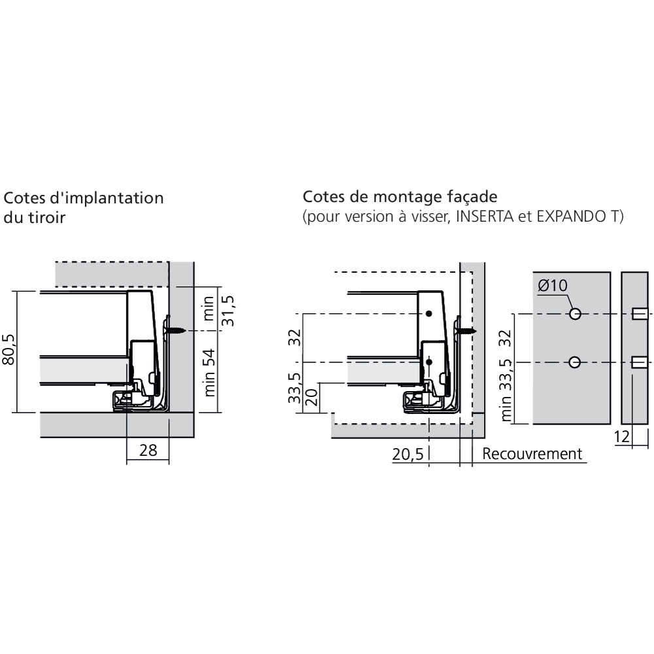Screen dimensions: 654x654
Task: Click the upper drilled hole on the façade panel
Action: pos(575,314)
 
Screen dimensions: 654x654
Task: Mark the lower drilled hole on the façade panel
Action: pos(575,362)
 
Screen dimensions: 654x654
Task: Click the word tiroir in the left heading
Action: pos(45,218)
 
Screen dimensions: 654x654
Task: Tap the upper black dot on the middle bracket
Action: pos(428,314)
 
